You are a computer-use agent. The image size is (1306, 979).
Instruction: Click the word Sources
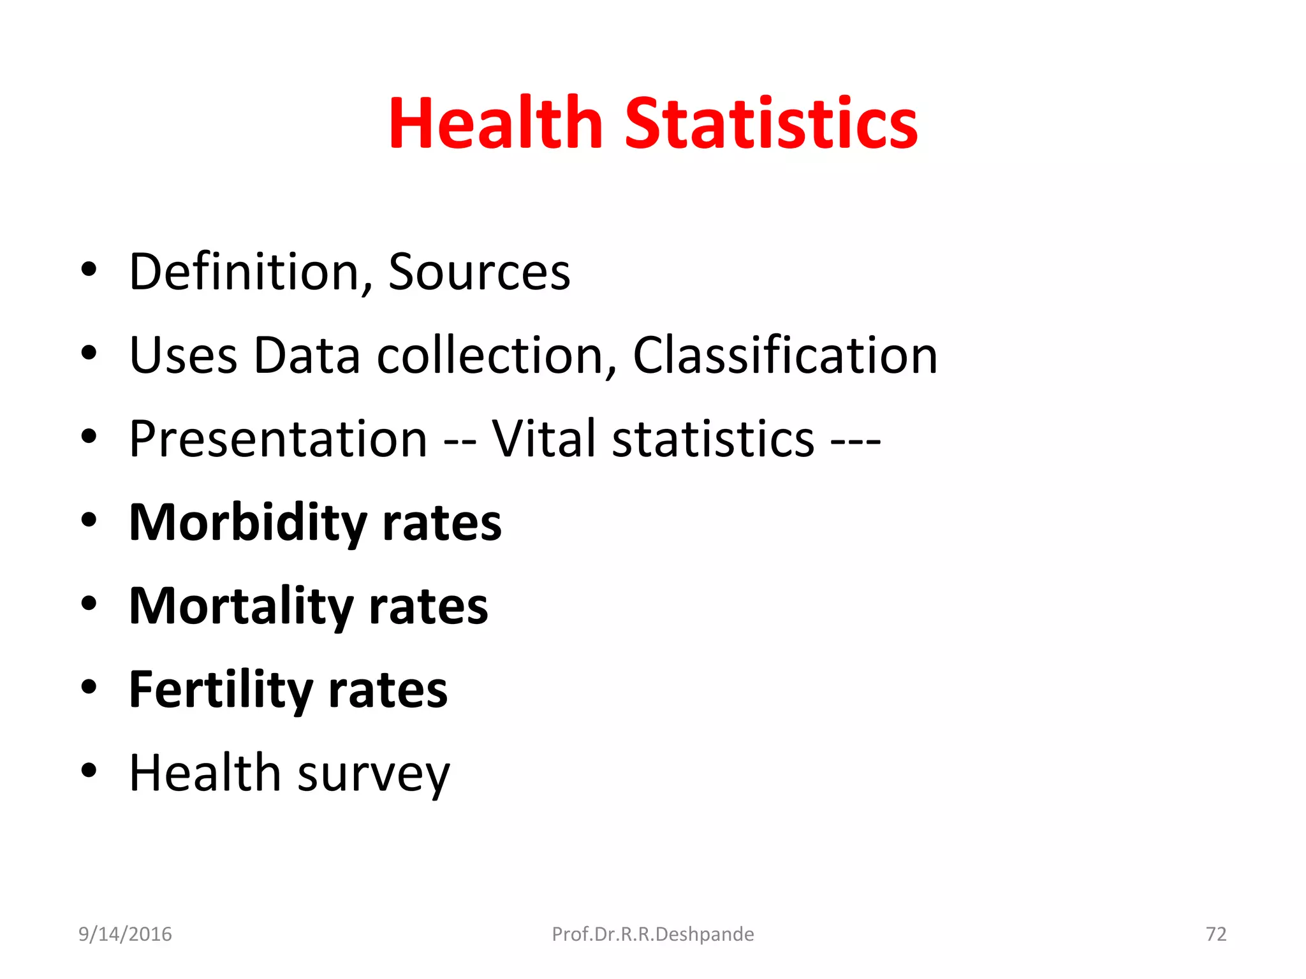coord(479,272)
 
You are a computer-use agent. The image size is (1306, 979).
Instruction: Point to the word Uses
coord(183,355)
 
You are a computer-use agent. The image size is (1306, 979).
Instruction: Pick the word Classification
coord(785,355)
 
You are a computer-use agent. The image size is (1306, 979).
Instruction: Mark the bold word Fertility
coord(221,690)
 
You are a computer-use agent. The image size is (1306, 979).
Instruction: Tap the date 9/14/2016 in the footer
coord(125,934)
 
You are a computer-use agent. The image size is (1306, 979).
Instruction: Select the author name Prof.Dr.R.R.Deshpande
coord(653,934)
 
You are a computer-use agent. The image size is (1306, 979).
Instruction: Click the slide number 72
coord(1216,934)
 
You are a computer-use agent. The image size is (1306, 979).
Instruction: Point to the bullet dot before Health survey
coord(89,771)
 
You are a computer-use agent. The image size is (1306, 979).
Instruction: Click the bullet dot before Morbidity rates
coord(89,520)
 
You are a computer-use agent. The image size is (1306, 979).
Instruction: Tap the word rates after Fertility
coord(388,690)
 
